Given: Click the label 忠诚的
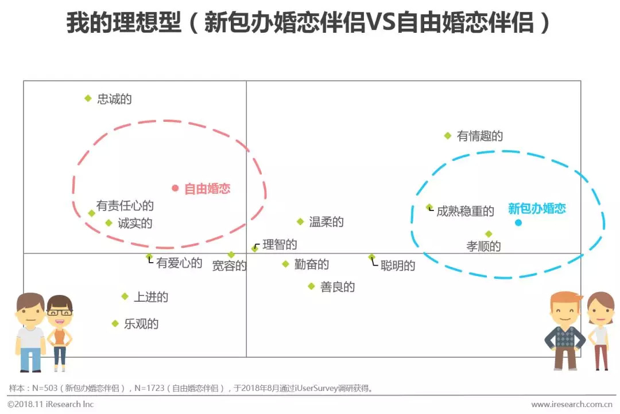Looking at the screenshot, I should tap(114, 99).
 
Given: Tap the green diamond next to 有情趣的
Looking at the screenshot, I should tap(448, 136).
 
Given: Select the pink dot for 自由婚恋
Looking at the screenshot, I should tap(175, 188).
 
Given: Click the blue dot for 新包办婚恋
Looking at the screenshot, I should tap(518, 223).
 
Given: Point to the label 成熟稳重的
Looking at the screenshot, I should tap(465, 211).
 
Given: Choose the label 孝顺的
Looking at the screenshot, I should tap(483, 246).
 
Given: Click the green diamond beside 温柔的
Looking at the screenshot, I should tap(300, 221).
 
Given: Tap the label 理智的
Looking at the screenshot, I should tap(280, 244).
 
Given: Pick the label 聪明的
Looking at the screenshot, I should tap(397, 266).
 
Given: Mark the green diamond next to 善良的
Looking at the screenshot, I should tap(311, 286).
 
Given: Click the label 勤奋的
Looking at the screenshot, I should tap(311, 264).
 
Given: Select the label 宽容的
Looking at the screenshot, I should tap(229, 266).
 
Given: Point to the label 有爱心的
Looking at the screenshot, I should tap(179, 263).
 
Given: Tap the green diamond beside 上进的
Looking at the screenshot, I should tap(125, 296).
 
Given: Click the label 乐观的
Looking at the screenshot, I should tap(141, 324).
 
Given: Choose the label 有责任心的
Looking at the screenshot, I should tap(125, 205).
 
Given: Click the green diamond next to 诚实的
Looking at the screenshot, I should tap(109, 223).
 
